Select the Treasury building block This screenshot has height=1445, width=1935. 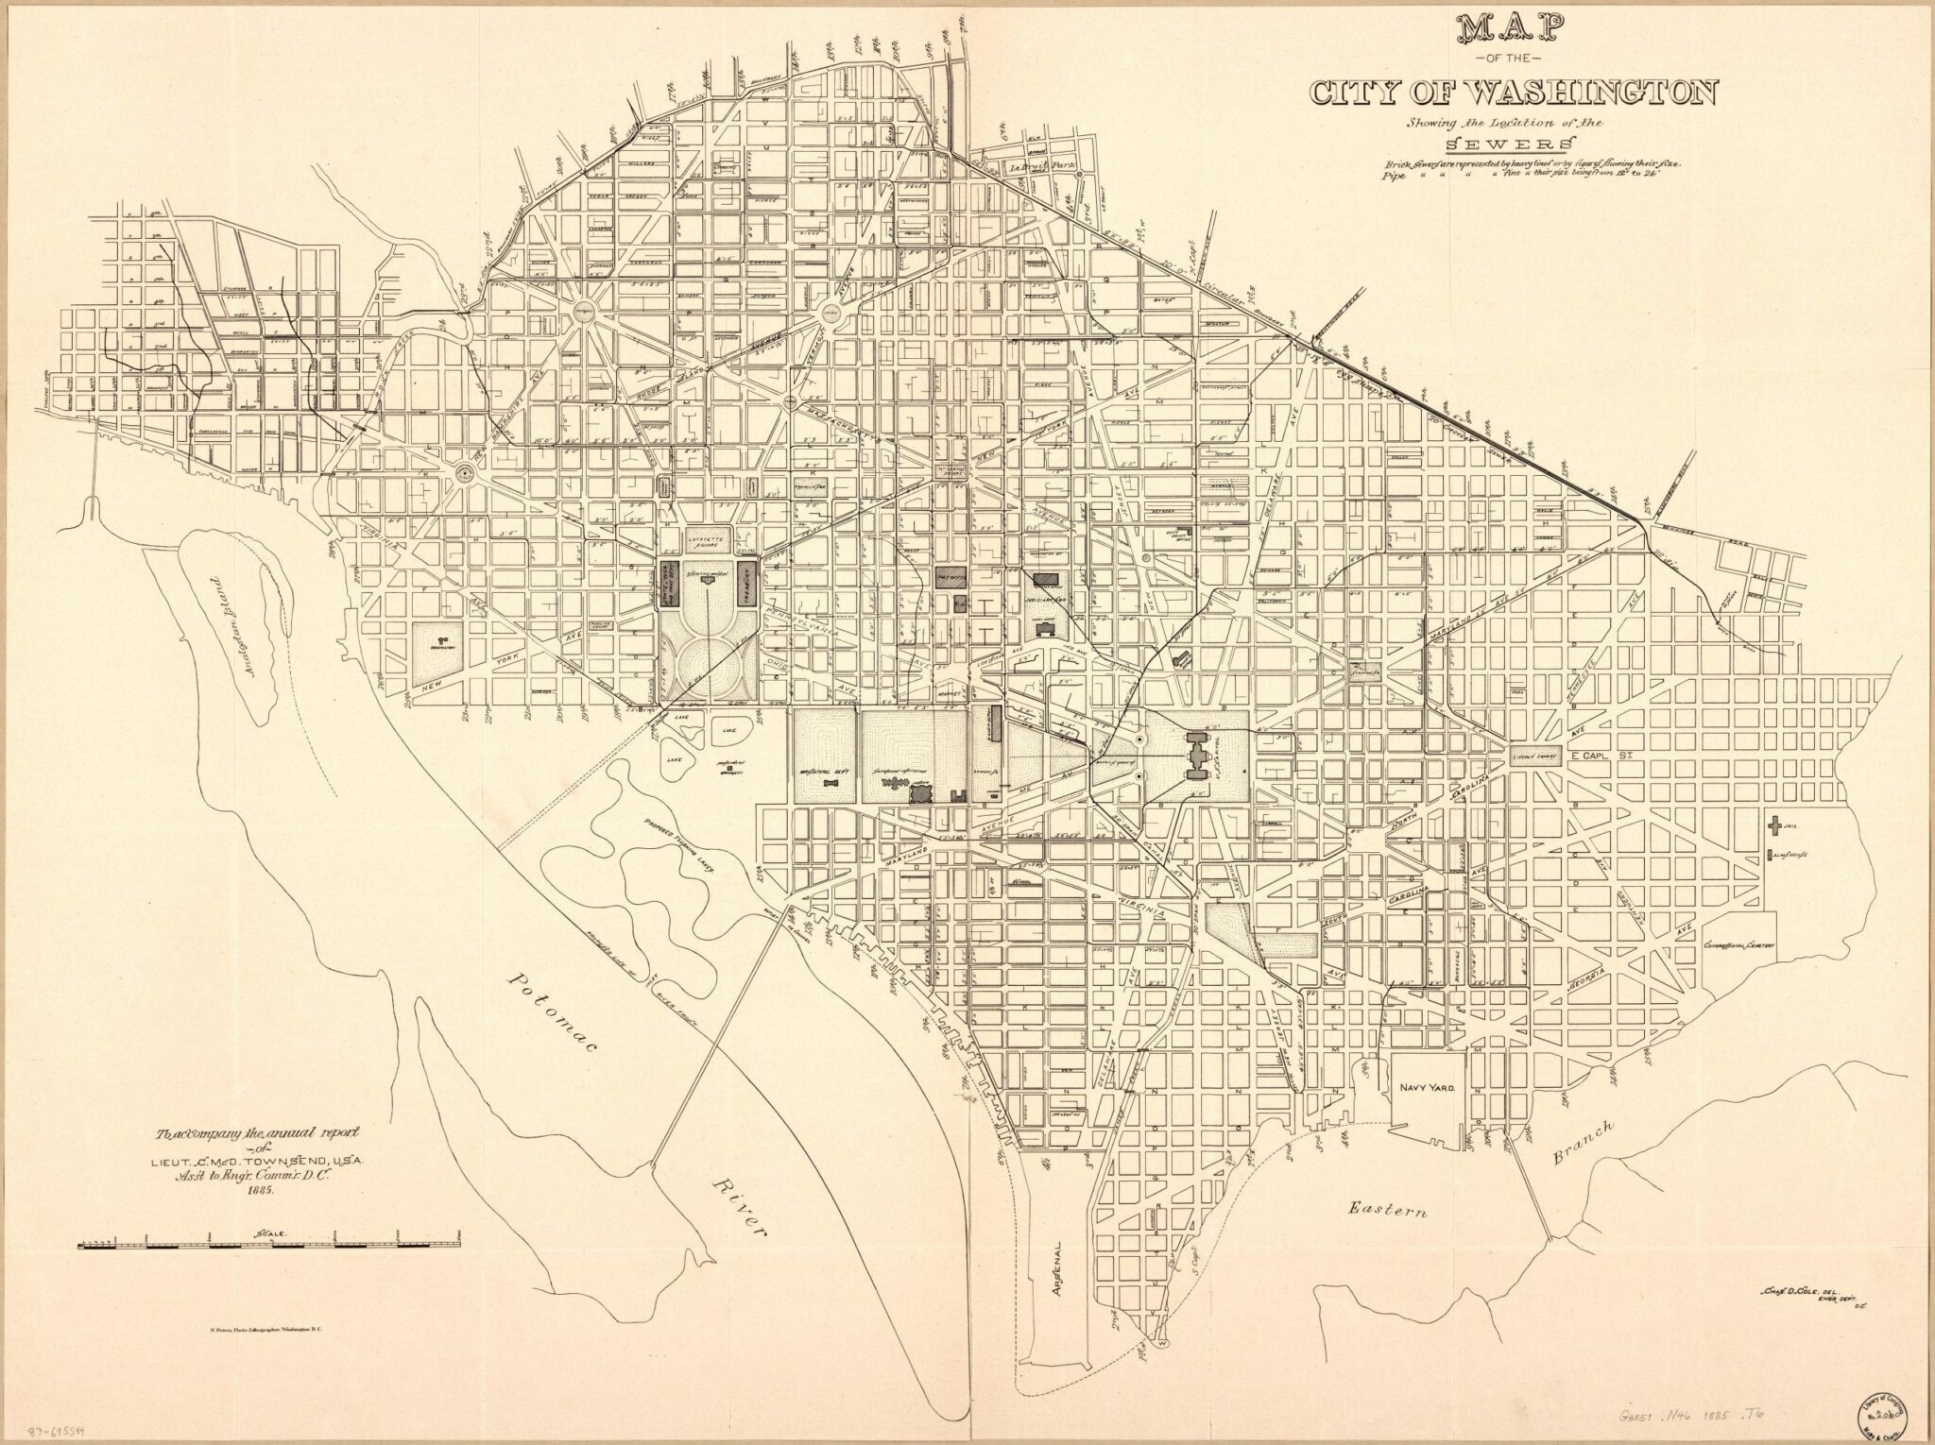pyautogui.click(x=747, y=586)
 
